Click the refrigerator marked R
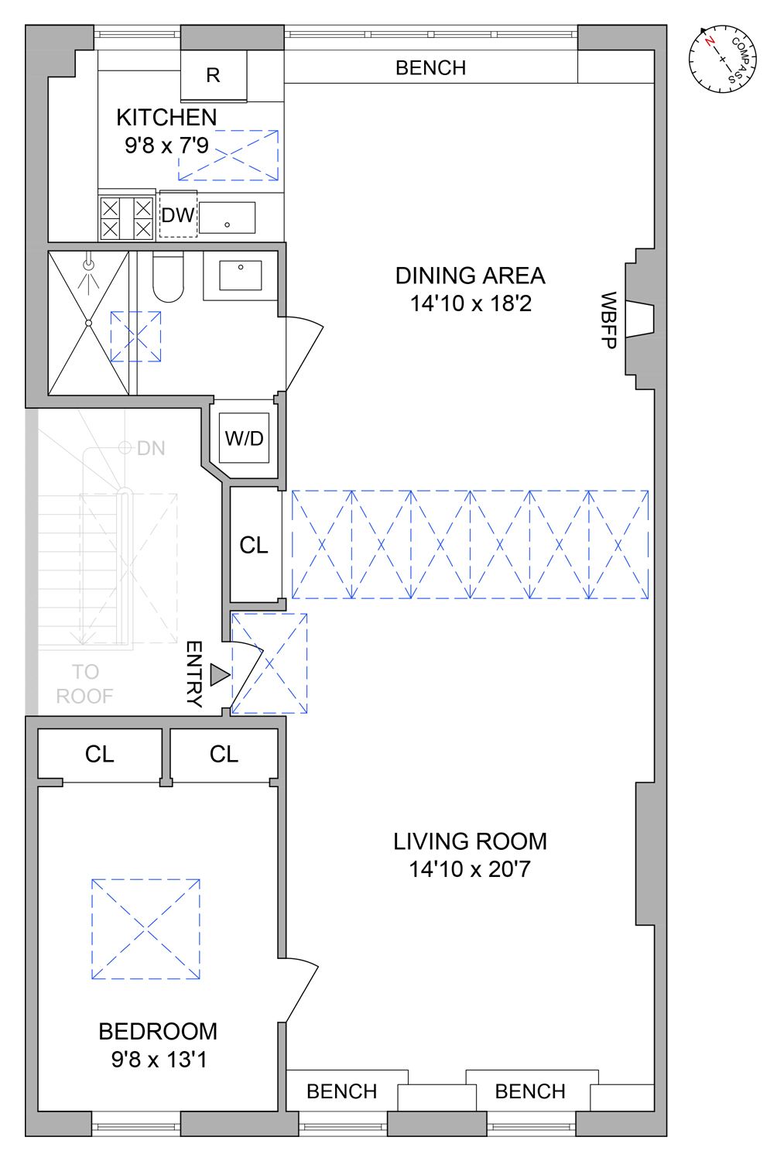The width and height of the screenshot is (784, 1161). [214, 75]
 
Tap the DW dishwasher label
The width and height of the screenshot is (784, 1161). [178, 215]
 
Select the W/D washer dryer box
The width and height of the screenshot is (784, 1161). [245, 438]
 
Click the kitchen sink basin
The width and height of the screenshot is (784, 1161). [228, 217]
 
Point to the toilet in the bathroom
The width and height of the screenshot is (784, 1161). [168, 277]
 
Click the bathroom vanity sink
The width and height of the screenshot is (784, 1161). [241, 275]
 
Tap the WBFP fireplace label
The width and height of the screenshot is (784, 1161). [609, 320]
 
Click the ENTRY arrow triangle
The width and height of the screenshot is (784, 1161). [219, 675]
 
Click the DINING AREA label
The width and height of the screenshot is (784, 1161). [470, 276]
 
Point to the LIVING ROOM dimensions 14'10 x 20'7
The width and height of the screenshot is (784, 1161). [470, 869]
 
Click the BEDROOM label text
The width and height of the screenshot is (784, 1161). [158, 1031]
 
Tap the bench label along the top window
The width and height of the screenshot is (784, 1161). [430, 68]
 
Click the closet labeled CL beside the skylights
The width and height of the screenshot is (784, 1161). [255, 545]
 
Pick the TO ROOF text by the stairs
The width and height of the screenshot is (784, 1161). [85, 684]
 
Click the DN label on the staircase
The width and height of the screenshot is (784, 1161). [151, 448]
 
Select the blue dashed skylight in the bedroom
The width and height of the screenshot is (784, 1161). [146, 929]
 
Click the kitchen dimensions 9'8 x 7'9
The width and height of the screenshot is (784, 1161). [166, 146]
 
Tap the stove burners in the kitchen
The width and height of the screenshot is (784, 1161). [127, 218]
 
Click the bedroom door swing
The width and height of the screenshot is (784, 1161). [302, 991]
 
